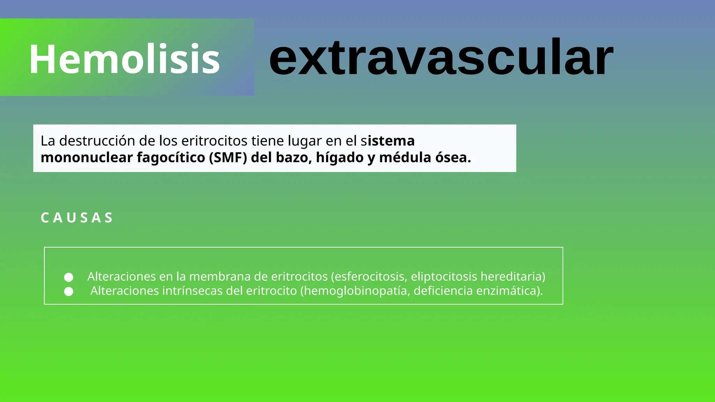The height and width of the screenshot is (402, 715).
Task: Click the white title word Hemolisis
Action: click(124, 59)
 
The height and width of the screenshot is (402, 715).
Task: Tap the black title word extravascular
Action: click(441, 58)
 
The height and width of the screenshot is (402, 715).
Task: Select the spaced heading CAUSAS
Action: click(77, 218)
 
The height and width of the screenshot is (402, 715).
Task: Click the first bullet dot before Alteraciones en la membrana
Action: click(69, 277)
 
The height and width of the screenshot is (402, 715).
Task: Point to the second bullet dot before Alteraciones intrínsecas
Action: click(69, 291)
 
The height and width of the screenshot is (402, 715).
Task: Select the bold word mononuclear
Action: click(87, 158)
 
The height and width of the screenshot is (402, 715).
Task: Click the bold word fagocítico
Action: click(171, 158)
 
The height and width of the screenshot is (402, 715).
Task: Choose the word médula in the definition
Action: click(405, 158)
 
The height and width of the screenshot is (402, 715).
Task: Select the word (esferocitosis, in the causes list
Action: click(369, 277)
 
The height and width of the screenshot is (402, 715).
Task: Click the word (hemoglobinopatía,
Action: click(355, 291)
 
